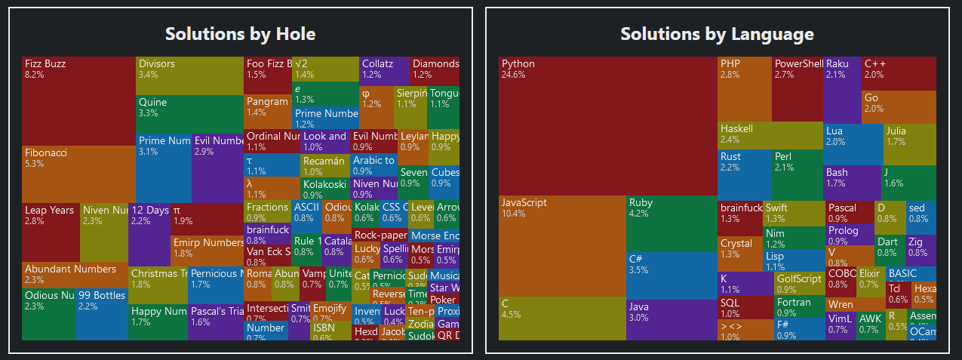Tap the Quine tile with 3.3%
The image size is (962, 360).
(x=189, y=113)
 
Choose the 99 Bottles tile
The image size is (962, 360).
(x=101, y=313)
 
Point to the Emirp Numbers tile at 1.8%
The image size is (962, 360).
(x=207, y=249)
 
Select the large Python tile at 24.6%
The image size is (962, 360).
(x=607, y=125)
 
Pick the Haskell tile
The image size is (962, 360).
(x=770, y=135)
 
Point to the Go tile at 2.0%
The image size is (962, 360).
(x=898, y=106)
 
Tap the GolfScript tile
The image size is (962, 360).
(x=798, y=283)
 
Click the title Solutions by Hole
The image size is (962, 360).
(x=240, y=34)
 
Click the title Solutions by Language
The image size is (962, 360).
(x=717, y=34)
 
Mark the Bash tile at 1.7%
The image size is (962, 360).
(x=852, y=182)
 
